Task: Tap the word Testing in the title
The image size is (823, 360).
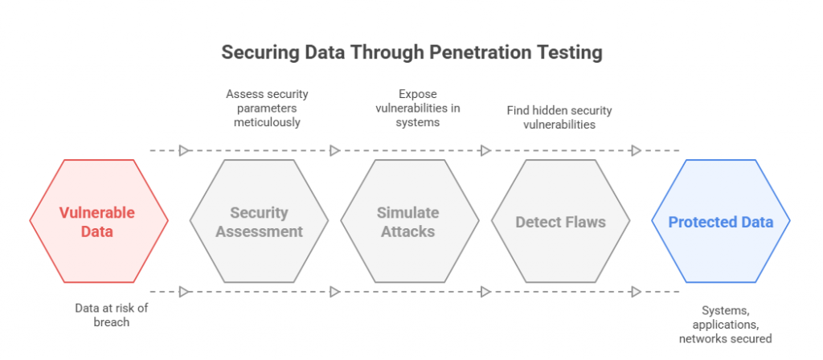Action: click(571, 54)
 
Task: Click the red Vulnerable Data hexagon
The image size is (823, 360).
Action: click(99, 221)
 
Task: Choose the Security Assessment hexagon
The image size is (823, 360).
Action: click(259, 221)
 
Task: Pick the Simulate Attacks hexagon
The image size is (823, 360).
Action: click(409, 221)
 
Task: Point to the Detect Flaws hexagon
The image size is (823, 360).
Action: click(560, 221)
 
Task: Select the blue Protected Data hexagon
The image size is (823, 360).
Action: click(721, 221)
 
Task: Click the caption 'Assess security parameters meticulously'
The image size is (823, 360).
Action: click(267, 108)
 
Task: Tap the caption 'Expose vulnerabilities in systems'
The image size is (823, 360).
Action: click(418, 108)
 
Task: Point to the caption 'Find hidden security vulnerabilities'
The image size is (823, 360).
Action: click(559, 117)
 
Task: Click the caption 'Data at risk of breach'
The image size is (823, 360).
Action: click(111, 315)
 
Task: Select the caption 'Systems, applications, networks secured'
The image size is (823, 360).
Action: click(726, 325)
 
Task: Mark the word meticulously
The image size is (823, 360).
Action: click(267, 122)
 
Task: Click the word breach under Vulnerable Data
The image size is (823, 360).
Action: click(111, 321)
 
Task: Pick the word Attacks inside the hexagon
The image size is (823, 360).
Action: click(408, 231)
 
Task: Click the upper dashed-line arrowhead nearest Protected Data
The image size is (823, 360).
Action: click(637, 151)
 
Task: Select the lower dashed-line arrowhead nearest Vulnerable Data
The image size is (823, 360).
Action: click(184, 292)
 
